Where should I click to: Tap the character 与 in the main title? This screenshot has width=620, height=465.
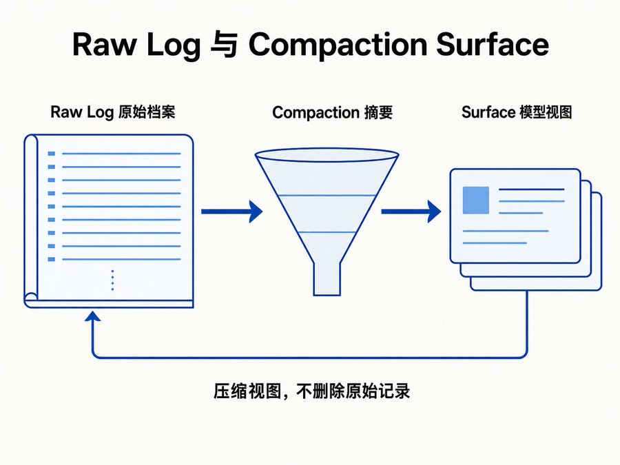[224, 45]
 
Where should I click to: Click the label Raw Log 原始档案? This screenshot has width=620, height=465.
[113, 112]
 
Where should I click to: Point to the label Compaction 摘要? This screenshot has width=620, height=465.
[332, 112]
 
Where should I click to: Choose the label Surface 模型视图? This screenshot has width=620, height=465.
[517, 112]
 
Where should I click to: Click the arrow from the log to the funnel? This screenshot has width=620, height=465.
[232, 211]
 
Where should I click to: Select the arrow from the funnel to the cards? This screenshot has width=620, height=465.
[411, 211]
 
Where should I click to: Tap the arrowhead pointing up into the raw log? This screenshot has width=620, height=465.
[92, 316]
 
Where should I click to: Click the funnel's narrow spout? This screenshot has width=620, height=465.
[327, 279]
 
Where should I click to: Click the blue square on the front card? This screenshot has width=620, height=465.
[475, 200]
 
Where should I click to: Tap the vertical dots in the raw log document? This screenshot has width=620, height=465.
[113, 280]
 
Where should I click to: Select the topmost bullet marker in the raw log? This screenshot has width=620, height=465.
[52, 154]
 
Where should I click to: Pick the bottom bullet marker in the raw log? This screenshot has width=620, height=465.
[52, 260]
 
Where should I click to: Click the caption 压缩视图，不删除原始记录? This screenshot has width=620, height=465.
[311, 391]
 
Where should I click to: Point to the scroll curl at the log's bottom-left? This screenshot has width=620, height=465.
[31, 298]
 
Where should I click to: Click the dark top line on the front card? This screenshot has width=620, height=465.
[532, 189]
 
